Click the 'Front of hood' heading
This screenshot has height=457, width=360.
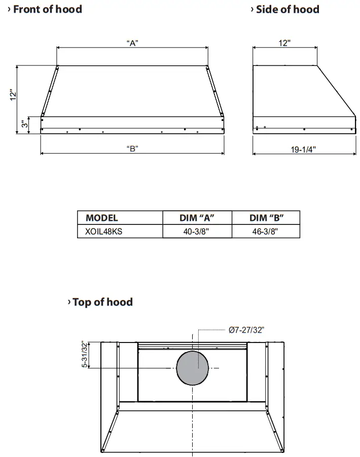[x=47, y=9]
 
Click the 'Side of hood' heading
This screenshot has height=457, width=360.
[x=287, y=9]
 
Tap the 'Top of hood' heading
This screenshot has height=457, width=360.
[x=102, y=302]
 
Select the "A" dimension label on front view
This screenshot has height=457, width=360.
[x=132, y=43]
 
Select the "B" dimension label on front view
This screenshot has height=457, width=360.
[x=132, y=148]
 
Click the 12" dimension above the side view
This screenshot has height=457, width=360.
[x=284, y=43]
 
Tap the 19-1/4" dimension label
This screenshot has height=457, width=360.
[x=304, y=150]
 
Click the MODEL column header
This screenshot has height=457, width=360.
[x=102, y=218]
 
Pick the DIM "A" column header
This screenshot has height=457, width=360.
[x=197, y=218]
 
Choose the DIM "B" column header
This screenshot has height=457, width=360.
[x=266, y=218]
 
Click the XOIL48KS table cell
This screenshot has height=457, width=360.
[x=104, y=231]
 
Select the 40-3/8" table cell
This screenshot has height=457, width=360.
[x=197, y=231]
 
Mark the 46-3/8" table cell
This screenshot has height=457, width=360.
[x=266, y=231]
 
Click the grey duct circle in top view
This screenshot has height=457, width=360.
[x=193, y=367]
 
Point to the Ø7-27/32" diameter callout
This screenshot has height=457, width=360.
[x=246, y=330]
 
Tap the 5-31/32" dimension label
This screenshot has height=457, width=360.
[x=85, y=355]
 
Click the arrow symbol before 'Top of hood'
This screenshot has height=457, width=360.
[x=69, y=302]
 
